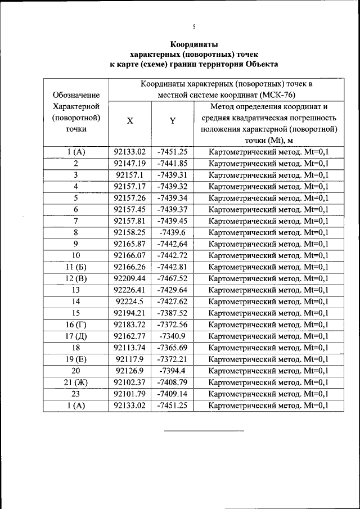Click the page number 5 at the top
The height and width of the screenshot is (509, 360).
point(193,26)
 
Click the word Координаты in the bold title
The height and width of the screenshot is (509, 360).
point(193,44)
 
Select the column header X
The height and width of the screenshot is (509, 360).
point(129,121)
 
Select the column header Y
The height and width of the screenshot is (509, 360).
point(173,121)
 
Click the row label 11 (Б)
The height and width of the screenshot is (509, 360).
point(75,267)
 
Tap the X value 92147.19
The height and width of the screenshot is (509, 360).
point(129,163)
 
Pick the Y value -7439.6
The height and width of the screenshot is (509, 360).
point(173,232)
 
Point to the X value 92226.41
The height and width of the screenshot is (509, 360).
point(129,290)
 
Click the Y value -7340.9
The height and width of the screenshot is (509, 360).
point(173,336)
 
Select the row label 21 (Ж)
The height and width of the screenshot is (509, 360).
point(75,382)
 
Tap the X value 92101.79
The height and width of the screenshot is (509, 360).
point(129,394)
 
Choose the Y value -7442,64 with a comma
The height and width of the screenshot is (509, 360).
point(173,244)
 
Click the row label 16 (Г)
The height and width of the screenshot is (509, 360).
point(75,325)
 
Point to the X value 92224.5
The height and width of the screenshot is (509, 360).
point(129,301)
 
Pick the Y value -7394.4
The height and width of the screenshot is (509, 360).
point(173,371)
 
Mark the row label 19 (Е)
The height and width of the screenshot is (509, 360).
point(75,359)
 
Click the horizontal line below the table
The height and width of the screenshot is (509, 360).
point(204,431)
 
